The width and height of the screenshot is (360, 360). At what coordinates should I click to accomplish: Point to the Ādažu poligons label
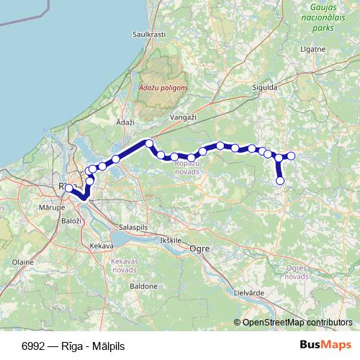pos(163,86)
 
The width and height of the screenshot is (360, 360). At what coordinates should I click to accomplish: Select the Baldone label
pos(143,286)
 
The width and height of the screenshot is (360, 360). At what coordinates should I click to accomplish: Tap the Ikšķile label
pos(173,239)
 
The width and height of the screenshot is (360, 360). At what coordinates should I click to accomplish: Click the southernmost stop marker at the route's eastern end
pos(281,181)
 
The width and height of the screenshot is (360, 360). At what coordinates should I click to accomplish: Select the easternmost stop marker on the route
pos(292,156)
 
